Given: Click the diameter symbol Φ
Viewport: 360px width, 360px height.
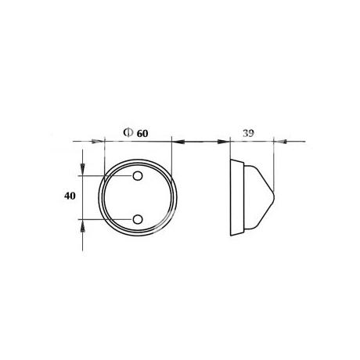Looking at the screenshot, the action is (x=127, y=132).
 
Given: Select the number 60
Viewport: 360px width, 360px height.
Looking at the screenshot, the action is (x=142, y=133).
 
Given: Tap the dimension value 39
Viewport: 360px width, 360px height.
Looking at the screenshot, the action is (x=248, y=133).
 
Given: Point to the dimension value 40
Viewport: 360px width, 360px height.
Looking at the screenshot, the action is (x=70, y=196).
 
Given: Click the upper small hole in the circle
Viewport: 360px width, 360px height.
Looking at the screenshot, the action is (x=138, y=176).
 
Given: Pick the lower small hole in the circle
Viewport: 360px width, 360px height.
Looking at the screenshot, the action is (x=138, y=219).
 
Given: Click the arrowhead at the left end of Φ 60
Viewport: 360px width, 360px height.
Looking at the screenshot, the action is (x=98, y=142).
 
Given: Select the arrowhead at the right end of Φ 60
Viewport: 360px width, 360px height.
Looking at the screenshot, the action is (x=178, y=142).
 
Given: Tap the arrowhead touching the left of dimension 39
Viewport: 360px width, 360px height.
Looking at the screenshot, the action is (x=224, y=142).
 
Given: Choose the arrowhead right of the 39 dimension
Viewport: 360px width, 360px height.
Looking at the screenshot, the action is (x=280, y=142).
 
